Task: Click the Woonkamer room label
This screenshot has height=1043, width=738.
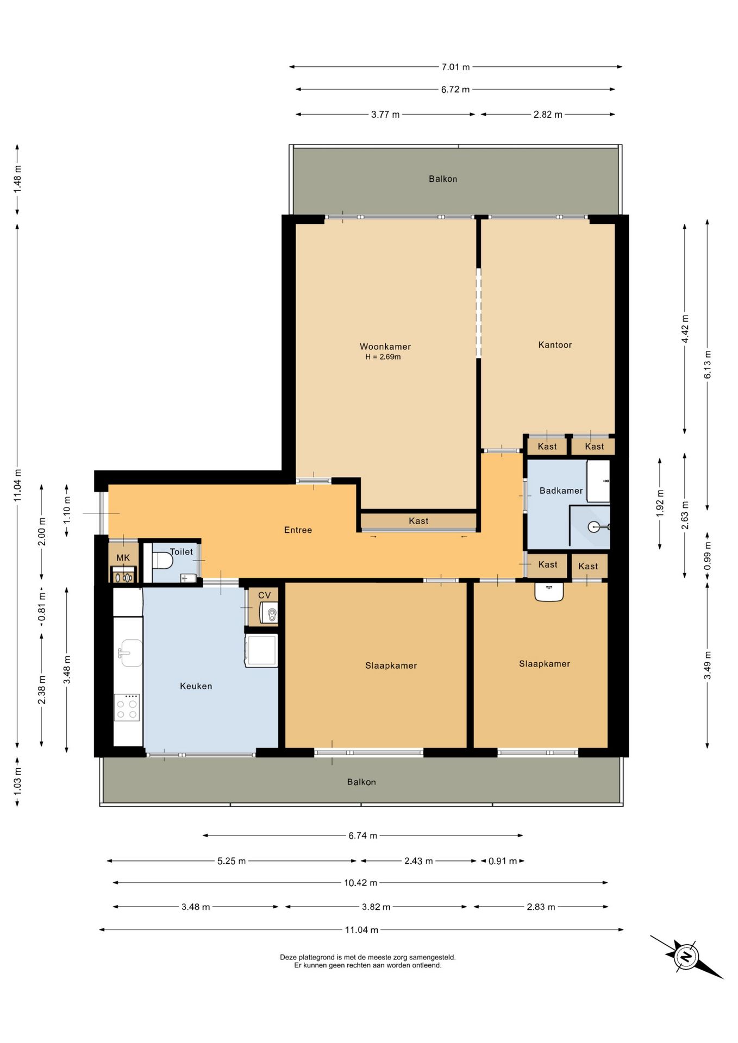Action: (385, 347)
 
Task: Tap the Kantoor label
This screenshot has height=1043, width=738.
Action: (555, 345)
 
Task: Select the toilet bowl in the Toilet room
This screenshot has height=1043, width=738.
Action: (162, 560)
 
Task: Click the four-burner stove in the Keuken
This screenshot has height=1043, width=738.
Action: (127, 707)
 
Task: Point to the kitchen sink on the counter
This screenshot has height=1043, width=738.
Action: (130, 652)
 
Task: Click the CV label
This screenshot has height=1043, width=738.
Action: (264, 595)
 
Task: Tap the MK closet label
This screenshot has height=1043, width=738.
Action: (123, 558)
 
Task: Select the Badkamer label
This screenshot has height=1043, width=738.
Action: (561, 491)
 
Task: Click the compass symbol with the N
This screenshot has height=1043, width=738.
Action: (686, 956)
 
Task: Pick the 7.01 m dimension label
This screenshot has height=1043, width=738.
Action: (455, 67)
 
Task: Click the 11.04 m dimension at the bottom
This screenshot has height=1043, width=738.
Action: (361, 929)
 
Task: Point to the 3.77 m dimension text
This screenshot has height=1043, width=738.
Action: (385, 115)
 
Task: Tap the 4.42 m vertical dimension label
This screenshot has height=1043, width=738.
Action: (685, 329)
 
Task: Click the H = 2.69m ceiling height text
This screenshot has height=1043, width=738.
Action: (383, 357)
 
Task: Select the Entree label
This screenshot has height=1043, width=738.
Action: (298, 530)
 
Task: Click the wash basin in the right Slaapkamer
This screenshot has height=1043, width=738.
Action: (549, 592)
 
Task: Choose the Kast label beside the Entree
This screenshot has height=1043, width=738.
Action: (418, 521)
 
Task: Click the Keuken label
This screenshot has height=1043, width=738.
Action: (196, 686)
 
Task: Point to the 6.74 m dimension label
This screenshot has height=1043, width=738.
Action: (362, 835)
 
